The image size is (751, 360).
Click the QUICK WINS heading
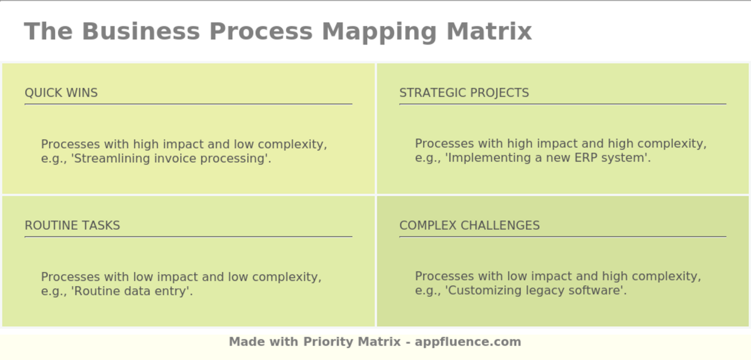[x=61, y=93]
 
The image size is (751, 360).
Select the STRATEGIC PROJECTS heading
[x=464, y=93]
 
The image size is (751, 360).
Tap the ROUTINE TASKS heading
[x=72, y=225]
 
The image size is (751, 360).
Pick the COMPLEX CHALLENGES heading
[x=469, y=225]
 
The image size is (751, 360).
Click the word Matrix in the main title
[x=489, y=31]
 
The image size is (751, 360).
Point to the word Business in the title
[x=141, y=31]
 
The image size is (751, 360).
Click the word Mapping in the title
[x=379, y=31]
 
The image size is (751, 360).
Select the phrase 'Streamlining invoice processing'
[x=171, y=159]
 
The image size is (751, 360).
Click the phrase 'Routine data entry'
[x=131, y=291]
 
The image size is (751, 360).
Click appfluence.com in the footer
[x=468, y=342]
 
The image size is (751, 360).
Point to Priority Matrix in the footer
[x=352, y=342]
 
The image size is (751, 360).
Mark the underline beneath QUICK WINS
[x=188, y=104]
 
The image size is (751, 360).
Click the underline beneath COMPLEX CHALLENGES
[x=563, y=237]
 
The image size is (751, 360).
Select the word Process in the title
[x=263, y=31]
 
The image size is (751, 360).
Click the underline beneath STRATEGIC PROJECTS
[x=563, y=104]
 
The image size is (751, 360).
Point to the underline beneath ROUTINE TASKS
[x=188, y=237]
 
